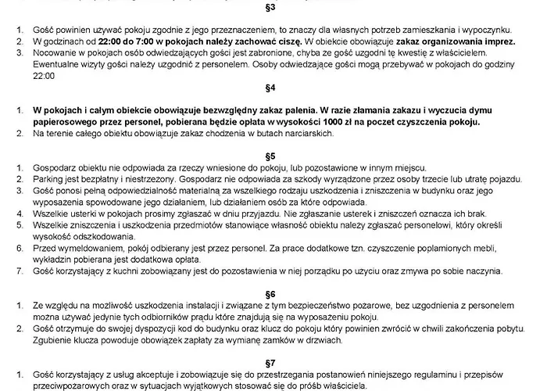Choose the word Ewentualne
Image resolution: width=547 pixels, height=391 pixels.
(x=45, y=63)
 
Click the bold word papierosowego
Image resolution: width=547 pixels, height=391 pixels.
(x=58, y=124)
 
